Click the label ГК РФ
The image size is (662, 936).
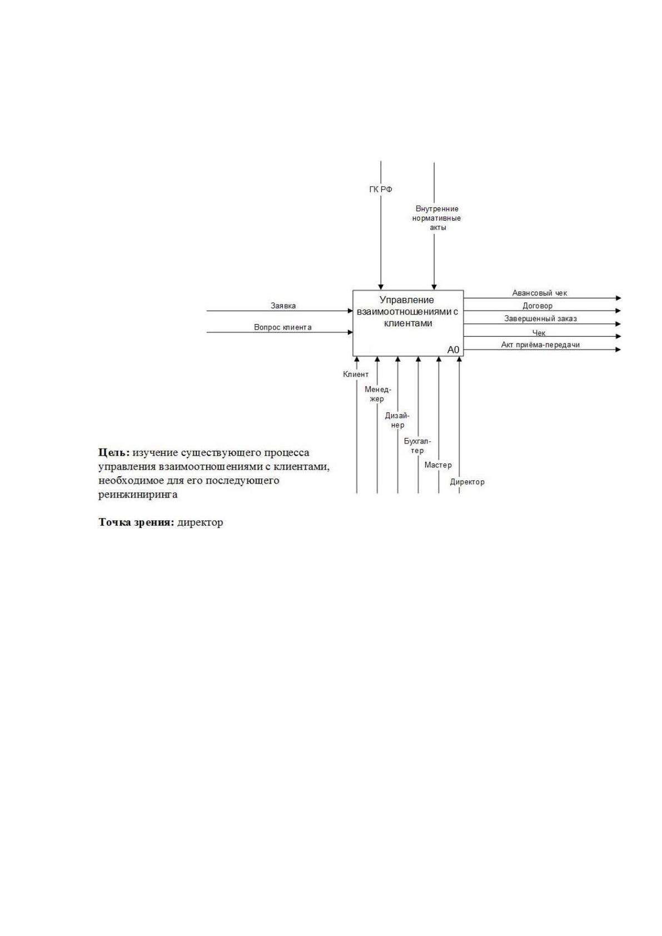[x=381, y=190]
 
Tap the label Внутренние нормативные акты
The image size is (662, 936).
[x=436, y=218]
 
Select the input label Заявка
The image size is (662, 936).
[x=283, y=306]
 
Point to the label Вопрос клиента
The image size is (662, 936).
[x=282, y=327]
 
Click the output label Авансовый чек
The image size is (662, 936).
[x=540, y=293]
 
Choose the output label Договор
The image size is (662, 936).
[x=537, y=306]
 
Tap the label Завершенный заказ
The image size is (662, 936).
[x=540, y=318]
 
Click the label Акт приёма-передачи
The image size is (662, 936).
[x=540, y=345]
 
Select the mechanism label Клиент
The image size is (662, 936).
[x=356, y=375]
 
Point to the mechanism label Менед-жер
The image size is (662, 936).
[x=378, y=394]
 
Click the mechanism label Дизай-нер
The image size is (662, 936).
[x=397, y=420]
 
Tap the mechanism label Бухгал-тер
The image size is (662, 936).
[x=417, y=446]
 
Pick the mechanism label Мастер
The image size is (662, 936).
[x=438, y=465]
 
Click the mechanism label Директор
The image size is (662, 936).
[x=467, y=482]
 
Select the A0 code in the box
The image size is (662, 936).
[x=454, y=350]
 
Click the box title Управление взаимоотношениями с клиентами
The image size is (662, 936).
[x=407, y=311]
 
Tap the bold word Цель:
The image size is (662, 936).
[x=114, y=452]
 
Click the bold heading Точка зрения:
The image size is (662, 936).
[x=136, y=522]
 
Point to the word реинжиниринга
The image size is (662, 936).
[x=138, y=495]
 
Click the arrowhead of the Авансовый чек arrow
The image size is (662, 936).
[x=619, y=298]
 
